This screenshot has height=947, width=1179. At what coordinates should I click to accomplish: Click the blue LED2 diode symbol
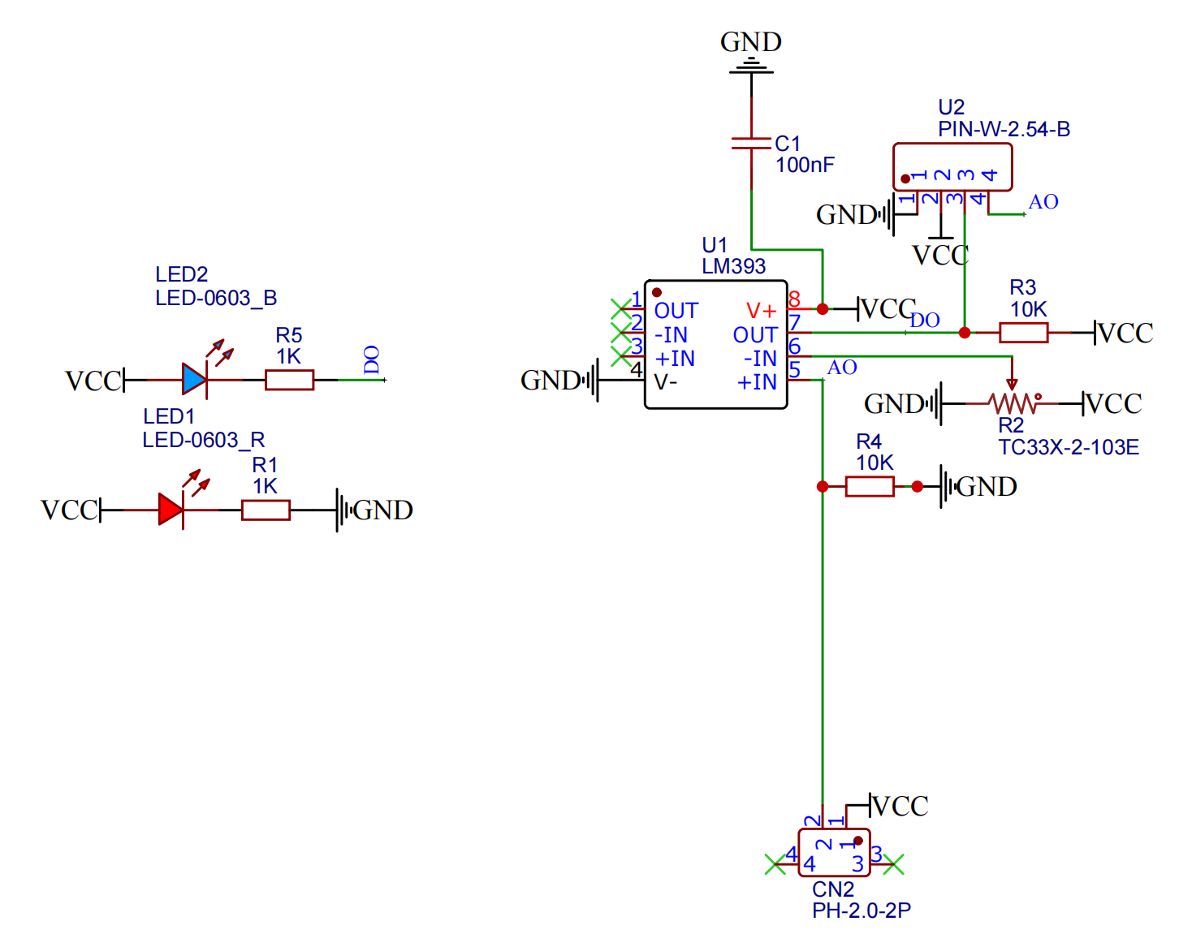pos(195,380)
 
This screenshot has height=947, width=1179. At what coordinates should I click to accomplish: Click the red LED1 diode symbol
pos(171,510)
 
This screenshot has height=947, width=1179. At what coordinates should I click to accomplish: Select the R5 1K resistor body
pos(289,380)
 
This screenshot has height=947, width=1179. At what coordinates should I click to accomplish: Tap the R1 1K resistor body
pos(266,510)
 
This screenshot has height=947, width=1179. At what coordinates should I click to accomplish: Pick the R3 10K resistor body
pos(1023,333)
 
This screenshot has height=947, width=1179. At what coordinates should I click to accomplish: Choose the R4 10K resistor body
pos(870,486)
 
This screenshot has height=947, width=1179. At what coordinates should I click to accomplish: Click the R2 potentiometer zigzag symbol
pos(1013,402)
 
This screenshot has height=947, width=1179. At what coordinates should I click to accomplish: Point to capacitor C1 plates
pos(751,144)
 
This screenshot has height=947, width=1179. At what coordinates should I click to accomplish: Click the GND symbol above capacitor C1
pos(751,65)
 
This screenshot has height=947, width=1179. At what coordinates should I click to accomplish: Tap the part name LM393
pos(734,266)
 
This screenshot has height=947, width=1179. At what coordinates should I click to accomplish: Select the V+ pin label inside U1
pos(762,311)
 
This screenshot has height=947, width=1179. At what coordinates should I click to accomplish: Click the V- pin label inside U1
pos(666,381)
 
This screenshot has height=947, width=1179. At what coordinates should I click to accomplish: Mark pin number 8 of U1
pos(794,299)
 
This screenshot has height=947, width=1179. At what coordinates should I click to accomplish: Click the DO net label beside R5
pos(371,359)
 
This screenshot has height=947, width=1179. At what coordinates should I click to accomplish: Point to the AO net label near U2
pos(1043,202)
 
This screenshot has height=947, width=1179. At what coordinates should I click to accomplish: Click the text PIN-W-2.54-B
pos(1004,129)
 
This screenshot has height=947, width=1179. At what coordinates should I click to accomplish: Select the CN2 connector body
pos(834,853)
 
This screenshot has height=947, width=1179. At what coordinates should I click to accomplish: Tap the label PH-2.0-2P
pos(862,910)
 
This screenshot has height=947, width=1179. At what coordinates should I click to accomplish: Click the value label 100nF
pos(805,165)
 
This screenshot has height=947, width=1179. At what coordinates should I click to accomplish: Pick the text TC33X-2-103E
pos(1069,447)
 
